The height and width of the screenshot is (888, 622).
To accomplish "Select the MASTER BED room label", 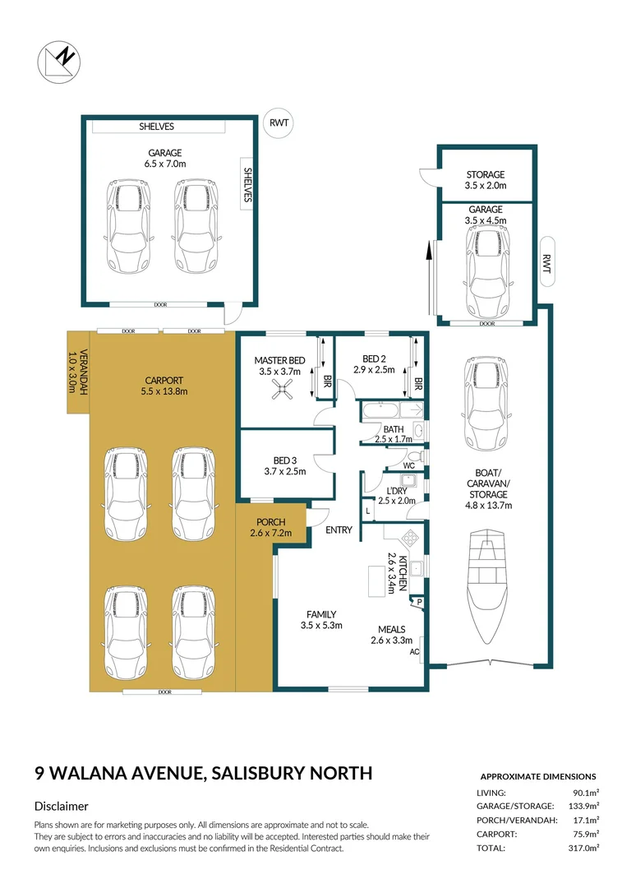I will coord(279,360).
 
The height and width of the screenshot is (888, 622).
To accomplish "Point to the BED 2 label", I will coord(374,358).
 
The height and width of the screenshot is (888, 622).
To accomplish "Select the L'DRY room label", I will coord(397,491).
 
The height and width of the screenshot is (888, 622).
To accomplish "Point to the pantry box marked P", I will coord(420,602).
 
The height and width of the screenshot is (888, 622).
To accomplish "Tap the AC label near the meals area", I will coord(415,651).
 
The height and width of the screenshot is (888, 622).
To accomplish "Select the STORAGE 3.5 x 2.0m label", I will coord(486,180).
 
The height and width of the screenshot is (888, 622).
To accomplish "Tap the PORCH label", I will coord(270,522).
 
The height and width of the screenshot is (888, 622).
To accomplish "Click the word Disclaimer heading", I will coord(61,807).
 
